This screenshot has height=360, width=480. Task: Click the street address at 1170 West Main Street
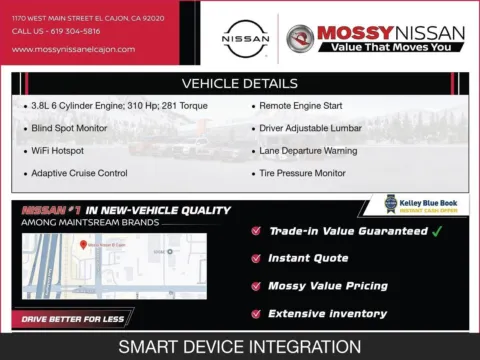tap(75, 17)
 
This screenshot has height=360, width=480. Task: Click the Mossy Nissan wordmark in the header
tap(391, 33)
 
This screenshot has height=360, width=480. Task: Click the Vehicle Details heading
tap(239, 84)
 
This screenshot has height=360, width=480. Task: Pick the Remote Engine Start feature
tap(301, 106)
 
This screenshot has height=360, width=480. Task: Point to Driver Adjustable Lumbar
tap(310, 128)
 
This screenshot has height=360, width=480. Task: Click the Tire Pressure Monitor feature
tap(306, 173)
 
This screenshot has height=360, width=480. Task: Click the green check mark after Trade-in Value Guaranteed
tap(436, 231)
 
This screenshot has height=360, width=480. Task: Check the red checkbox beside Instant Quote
tap(257, 259)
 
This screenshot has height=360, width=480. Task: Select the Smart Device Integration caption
tap(240, 347)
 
